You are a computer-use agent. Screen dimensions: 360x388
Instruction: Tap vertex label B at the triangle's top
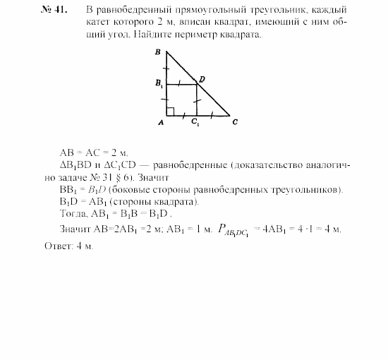[158, 52]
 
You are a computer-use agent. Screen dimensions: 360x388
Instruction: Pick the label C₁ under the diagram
[194, 123]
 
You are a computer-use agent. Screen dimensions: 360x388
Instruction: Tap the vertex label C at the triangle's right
[234, 121]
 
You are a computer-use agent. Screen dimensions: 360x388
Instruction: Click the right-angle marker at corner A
[170, 111]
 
